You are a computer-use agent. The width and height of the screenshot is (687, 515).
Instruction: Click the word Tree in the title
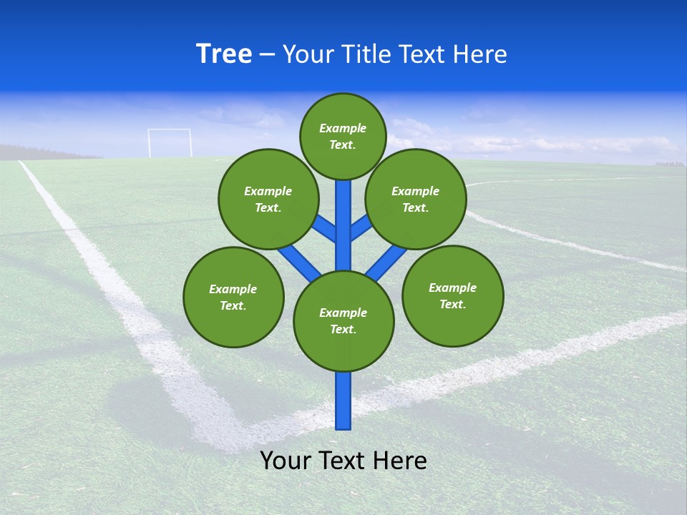tap(224, 54)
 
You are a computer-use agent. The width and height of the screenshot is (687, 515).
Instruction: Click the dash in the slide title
tap(267, 55)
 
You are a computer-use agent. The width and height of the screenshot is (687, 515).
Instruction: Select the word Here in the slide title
tap(479, 54)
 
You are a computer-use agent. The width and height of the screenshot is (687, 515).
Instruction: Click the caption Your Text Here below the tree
tap(343, 461)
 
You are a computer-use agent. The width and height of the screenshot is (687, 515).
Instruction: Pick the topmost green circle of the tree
tap(343, 136)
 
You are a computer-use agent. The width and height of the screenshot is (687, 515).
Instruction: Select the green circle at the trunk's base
tap(343, 321)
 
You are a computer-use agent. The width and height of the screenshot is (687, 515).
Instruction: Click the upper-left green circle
tap(268, 199)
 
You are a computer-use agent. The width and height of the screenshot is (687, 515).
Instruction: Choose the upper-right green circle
tap(416, 199)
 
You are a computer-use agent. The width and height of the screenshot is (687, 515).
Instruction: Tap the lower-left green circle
tap(233, 297)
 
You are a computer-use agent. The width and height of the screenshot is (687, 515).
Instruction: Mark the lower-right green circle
tap(452, 295)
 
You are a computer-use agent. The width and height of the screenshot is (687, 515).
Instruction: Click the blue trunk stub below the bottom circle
tap(343, 401)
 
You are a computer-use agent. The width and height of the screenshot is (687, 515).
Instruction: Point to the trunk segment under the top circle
tap(343, 215)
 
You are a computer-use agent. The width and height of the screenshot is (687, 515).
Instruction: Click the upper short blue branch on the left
tap(326, 228)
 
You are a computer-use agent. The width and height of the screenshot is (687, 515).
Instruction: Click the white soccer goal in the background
tap(170, 142)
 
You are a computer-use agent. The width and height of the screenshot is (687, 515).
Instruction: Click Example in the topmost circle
tap(343, 128)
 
